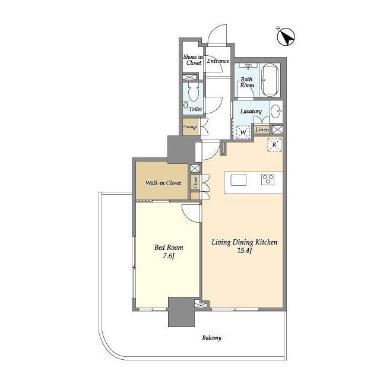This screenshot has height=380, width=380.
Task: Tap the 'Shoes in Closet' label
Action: [x=193, y=59]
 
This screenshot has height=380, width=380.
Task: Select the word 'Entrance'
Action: [x=218, y=61]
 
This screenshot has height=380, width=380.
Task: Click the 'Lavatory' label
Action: [x=251, y=111]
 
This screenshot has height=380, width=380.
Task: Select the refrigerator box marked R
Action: [x=274, y=144]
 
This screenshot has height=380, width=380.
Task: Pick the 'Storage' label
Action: [x=190, y=126]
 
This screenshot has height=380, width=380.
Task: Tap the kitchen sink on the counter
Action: [x=237, y=180]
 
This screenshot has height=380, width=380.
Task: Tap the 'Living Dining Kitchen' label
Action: [x=245, y=243]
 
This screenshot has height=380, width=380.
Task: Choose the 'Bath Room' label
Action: [x=247, y=81]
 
